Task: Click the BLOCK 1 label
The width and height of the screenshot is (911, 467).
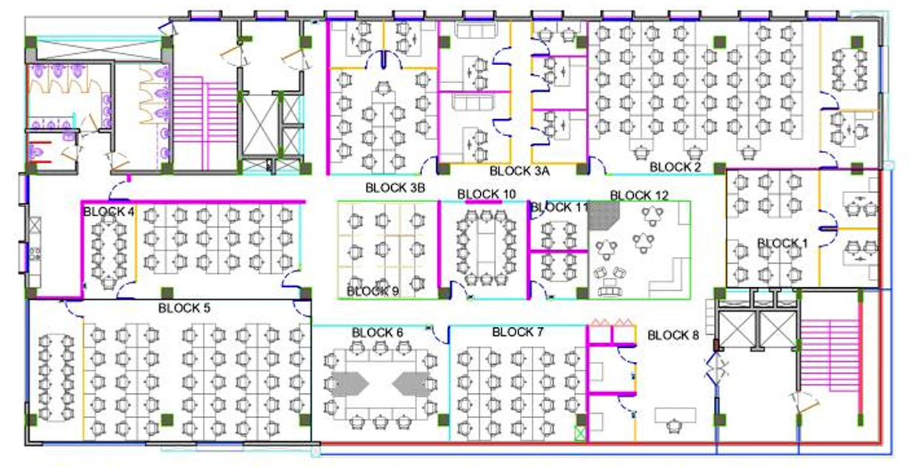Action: coord(782,243)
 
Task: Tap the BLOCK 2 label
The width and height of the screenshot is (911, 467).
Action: coord(675,167)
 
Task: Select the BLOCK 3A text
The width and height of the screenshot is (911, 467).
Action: coord(519,171)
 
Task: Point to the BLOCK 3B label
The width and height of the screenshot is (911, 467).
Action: coord(395,188)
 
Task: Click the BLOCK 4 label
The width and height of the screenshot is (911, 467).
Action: coord(109,211)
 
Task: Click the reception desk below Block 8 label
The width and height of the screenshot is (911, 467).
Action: coord(673,413)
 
